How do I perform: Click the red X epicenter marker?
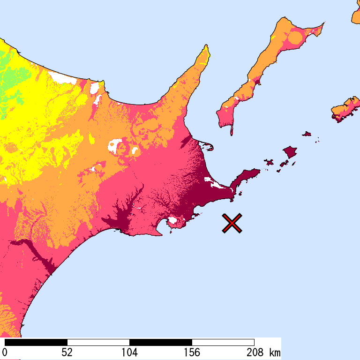point(232,223)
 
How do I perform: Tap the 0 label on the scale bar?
point(5,352)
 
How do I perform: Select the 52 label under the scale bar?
point(67,352)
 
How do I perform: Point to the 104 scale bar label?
point(129,352)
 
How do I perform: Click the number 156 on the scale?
point(192,352)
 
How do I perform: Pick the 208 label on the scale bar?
point(254,352)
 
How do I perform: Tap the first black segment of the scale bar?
point(36,342)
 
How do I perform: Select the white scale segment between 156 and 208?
point(223,342)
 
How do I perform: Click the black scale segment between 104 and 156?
point(161,342)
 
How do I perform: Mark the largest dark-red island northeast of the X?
point(290,151)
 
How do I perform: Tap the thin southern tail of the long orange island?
point(231,129)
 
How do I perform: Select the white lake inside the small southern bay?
point(172,220)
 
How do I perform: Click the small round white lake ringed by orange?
point(135,151)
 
